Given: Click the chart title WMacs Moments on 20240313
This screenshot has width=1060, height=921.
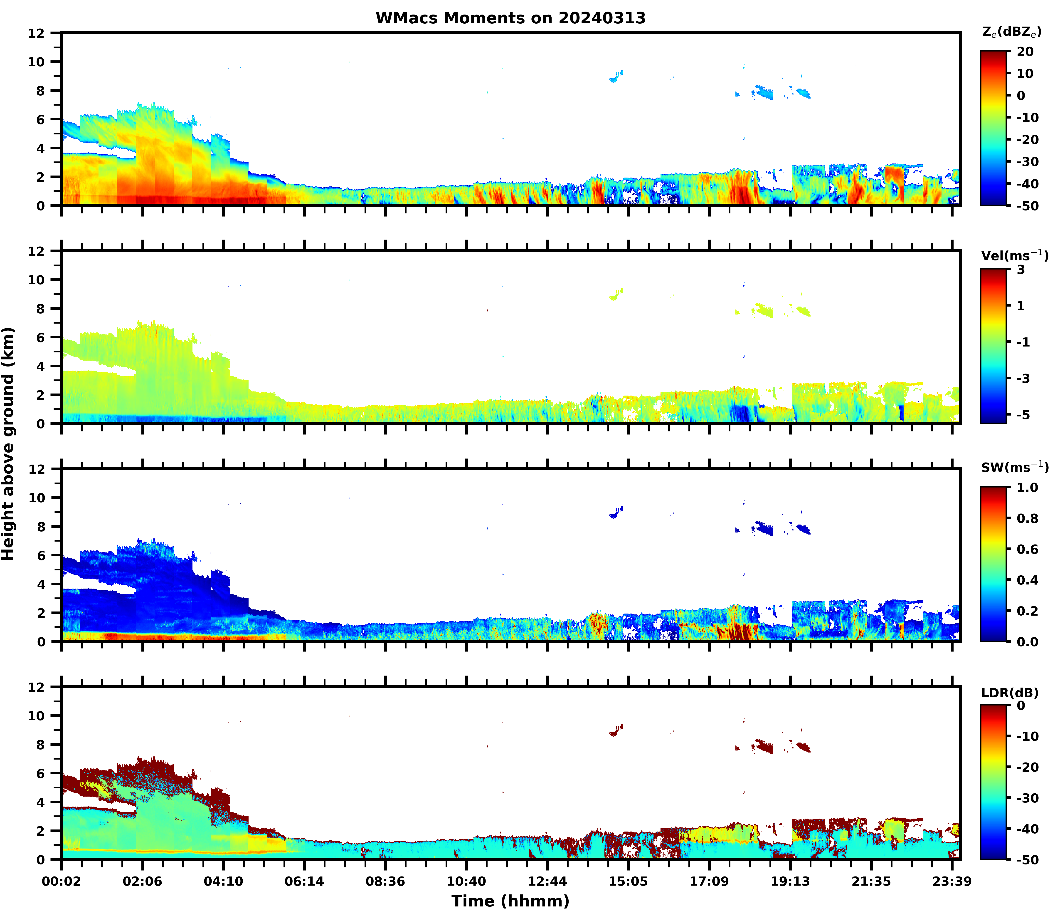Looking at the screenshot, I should click(510, 18).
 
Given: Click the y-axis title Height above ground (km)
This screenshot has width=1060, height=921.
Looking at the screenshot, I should click(8, 443).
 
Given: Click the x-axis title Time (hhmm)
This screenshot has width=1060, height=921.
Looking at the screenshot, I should click(510, 900).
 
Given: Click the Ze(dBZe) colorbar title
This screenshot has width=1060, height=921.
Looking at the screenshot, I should click(1011, 32).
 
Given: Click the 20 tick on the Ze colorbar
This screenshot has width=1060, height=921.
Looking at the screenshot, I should click(1025, 52).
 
